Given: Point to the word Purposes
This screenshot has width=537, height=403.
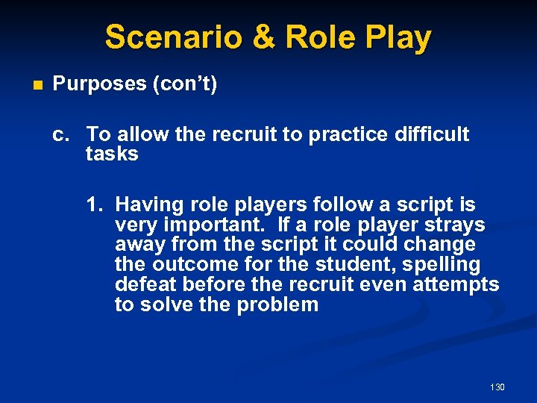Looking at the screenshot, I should [x=99, y=84].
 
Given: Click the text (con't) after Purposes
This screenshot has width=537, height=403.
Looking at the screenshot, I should [x=184, y=84].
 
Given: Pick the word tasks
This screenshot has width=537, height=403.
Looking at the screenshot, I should [x=112, y=154].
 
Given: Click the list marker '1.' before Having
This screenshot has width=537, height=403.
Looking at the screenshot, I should [x=94, y=204].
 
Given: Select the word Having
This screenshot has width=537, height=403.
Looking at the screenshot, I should [x=146, y=204].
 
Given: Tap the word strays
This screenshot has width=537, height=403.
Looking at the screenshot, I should [x=456, y=225].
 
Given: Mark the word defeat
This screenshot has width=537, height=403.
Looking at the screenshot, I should [x=144, y=285].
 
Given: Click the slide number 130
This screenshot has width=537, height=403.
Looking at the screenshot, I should [x=497, y=387].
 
